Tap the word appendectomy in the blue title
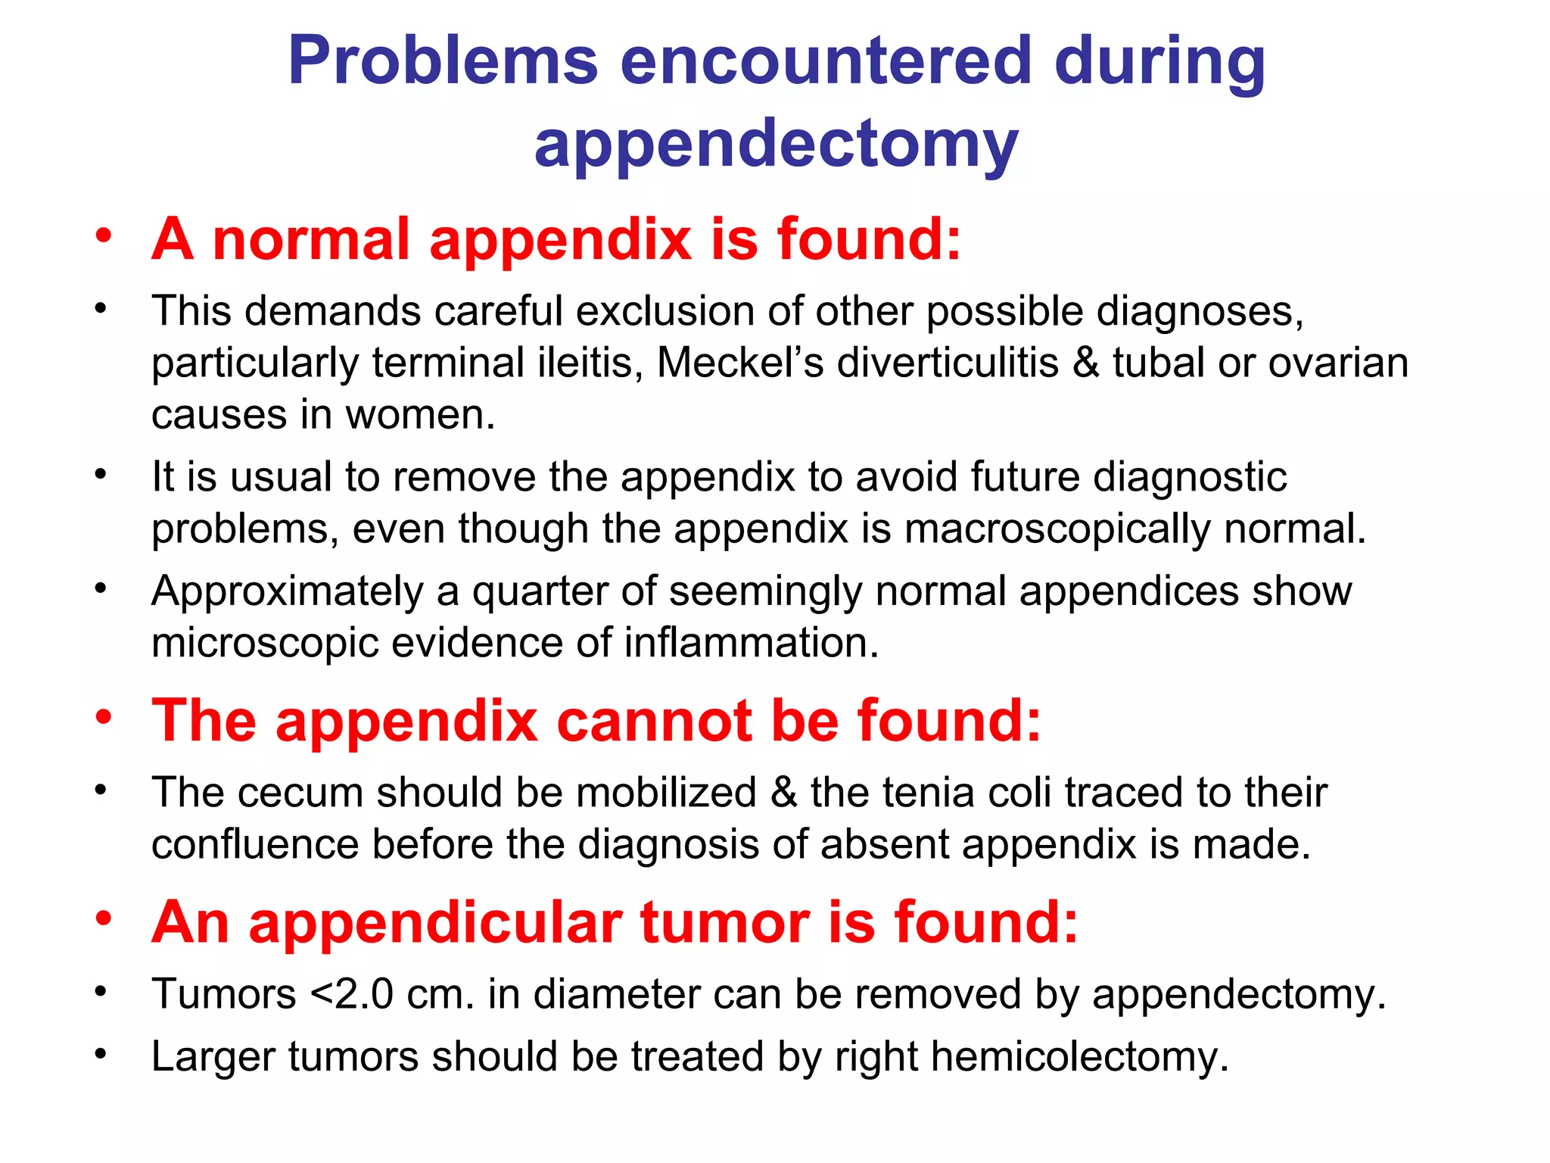(x=776, y=144)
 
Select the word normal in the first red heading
(x=311, y=239)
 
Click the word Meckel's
(x=739, y=363)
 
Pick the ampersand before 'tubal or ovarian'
(x=1085, y=363)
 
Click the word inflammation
(x=751, y=643)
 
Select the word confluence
(x=254, y=844)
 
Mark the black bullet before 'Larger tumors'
(x=101, y=1053)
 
